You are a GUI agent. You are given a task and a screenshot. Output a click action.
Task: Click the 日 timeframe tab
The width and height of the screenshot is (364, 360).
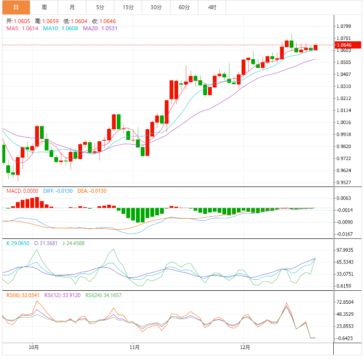click(x=16, y=7)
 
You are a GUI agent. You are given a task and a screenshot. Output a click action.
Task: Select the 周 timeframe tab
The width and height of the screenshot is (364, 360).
click(x=44, y=7)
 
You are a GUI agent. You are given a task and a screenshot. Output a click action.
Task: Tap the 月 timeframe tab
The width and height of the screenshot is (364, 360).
click(x=72, y=7)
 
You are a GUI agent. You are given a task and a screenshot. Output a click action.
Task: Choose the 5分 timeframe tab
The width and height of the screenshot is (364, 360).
click(x=99, y=7)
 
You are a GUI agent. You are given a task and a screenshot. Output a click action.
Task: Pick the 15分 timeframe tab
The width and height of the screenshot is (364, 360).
click(x=128, y=7)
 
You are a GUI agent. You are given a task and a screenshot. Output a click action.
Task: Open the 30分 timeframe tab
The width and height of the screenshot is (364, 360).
click(x=156, y=7)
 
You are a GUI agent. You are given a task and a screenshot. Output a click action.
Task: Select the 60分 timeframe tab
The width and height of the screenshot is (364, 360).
click(x=184, y=7)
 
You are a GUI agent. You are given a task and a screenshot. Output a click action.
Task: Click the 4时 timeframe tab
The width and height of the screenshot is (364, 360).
click(x=212, y=7)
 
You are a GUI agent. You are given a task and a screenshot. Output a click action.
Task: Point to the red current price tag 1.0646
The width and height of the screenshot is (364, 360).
click(x=344, y=45)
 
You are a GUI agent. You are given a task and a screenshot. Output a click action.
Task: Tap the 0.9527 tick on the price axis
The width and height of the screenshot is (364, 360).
click(x=344, y=183)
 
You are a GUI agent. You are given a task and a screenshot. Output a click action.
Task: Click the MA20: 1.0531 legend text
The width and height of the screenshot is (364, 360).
click(x=100, y=29)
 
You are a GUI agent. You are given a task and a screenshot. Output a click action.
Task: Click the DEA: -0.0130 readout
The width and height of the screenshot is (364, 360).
click(x=91, y=191)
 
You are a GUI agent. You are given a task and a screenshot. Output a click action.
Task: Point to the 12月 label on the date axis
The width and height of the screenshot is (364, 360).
click(x=245, y=347)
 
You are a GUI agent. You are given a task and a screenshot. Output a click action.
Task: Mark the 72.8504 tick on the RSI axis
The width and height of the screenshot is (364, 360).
click(x=345, y=302)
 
